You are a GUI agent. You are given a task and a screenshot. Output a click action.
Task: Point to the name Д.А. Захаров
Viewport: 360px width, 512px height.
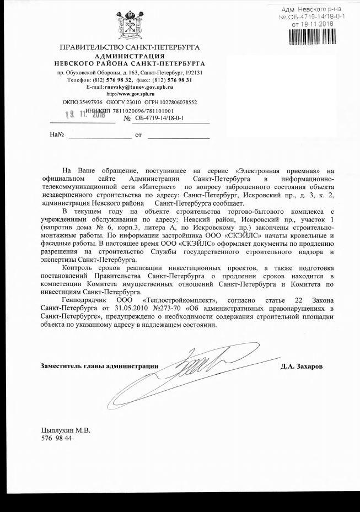[301, 367]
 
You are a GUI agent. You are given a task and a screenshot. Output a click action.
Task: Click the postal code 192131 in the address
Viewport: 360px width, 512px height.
[192, 72]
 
